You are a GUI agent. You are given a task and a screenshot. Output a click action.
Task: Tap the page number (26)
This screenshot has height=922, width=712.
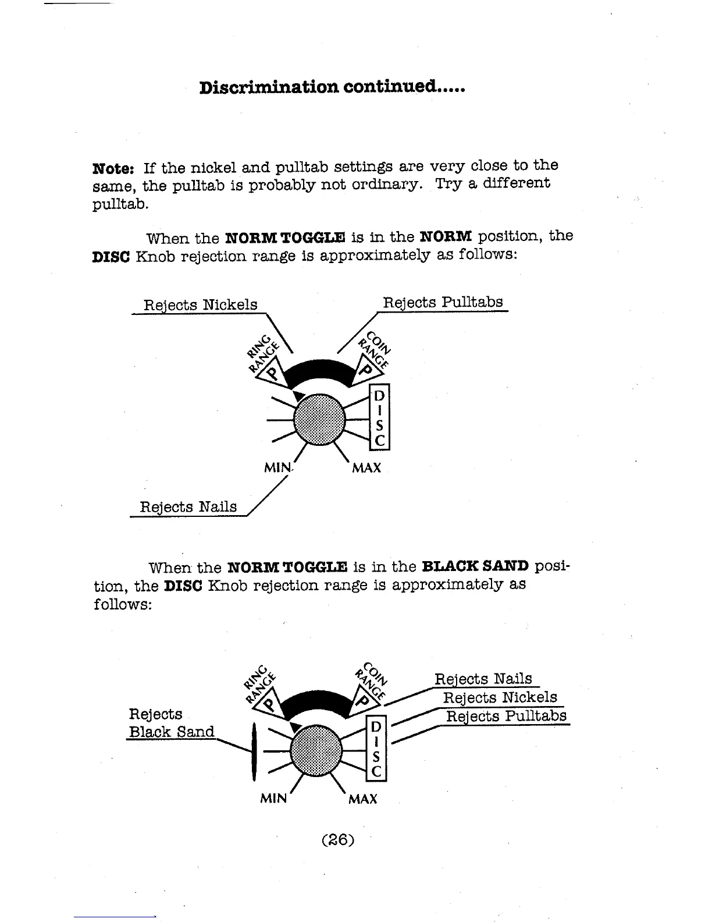click(x=337, y=840)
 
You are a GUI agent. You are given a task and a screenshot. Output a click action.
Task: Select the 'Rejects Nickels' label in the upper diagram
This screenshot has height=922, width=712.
click(x=200, y=305)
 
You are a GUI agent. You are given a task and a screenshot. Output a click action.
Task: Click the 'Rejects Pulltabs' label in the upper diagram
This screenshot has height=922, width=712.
click(x=443, y=303)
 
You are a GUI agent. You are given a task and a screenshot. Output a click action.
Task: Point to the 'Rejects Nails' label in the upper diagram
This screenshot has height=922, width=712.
click(x=188, y=507)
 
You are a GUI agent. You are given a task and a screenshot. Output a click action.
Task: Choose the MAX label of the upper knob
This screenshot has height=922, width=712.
click(x=366, y=468)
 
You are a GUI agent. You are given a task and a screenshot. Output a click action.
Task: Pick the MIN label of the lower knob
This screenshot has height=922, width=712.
click(x=273, y=799)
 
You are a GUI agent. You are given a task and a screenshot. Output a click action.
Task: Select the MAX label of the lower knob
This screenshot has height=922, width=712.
click(x=362, y=799)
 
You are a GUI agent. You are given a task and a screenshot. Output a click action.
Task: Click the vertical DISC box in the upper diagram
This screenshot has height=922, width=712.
click(x=379, y=418)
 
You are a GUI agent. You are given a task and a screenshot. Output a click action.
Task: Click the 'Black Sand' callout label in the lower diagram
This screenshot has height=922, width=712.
click(x=171, y=732)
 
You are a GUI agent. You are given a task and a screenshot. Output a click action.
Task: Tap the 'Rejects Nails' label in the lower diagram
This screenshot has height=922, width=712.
click(x=483, y=679)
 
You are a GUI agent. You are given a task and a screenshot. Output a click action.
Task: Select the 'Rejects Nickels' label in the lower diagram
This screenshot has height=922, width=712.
click(x=500, y=697)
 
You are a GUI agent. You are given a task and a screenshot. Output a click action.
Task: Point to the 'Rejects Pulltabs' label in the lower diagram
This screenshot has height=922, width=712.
click(x=506, y=716)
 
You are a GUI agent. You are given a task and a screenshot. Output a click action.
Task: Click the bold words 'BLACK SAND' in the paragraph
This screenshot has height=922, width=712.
click(x=475, y=566)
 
